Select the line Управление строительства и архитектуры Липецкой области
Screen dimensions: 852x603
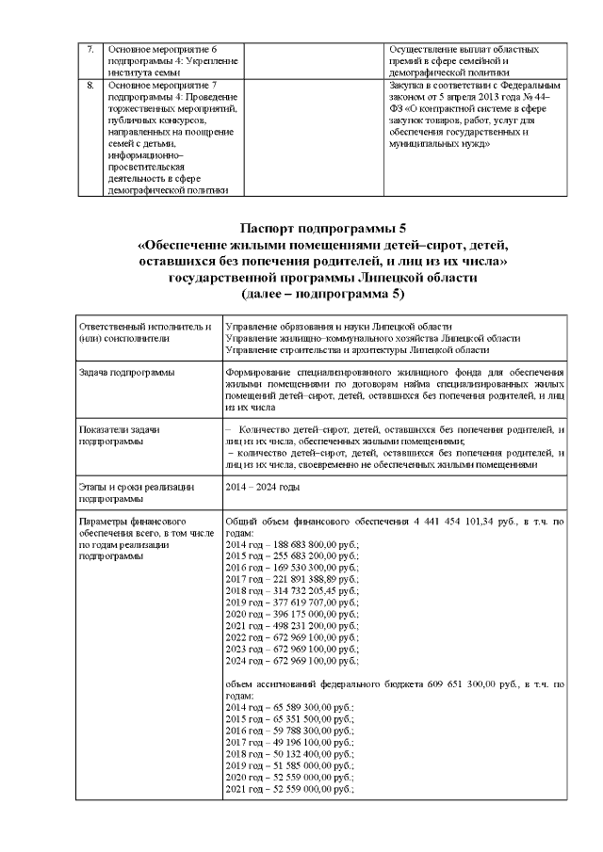tap(357, 349)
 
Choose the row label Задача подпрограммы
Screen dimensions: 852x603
tap(127, 374)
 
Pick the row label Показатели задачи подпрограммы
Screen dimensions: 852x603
tap(122, 434)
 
